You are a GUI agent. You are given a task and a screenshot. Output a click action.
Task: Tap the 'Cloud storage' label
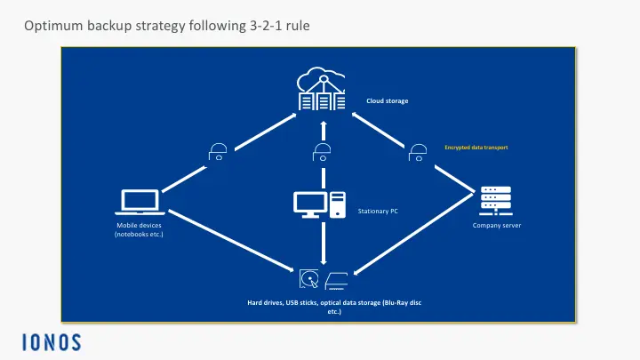coord(388,101)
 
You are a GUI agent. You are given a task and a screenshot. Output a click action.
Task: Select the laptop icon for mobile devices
coord(138,203)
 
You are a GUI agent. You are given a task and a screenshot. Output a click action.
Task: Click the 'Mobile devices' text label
coord(139,230)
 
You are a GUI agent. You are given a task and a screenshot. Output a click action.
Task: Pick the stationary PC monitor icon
coord(311,203)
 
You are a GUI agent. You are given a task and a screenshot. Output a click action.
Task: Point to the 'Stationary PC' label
coord(377,211)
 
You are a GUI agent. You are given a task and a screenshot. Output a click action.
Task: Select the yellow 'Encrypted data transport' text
coord(476,146)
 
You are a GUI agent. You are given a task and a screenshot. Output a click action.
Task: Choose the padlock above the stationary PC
coord(323,152)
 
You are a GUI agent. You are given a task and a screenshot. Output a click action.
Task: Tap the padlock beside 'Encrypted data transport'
coord(416,152)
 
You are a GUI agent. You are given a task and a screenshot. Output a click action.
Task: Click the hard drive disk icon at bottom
coord(309,280)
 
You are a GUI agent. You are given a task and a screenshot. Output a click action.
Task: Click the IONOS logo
coord(52,341)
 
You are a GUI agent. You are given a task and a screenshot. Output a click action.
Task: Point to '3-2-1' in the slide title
coord(253,28)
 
